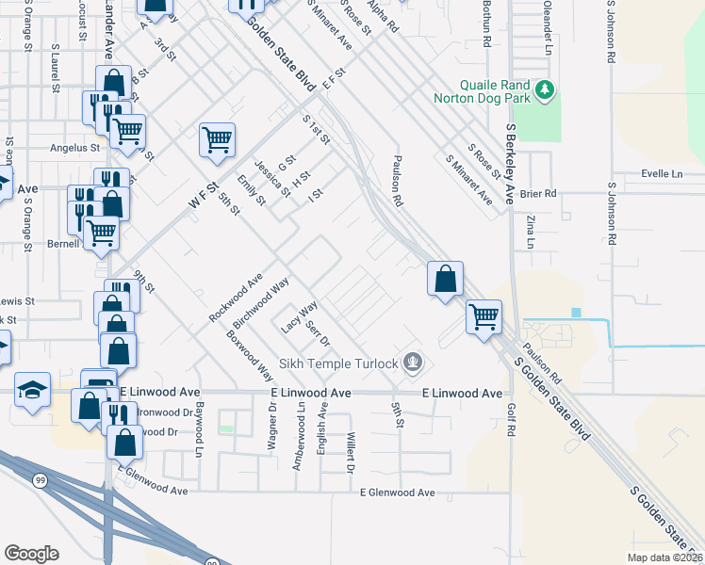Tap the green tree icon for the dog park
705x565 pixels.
click(x=544, y=89)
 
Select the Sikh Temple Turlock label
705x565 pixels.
click(x=340, y=363)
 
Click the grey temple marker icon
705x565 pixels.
click(x=412, y=361)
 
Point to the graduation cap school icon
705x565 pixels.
click(x=32, y=391)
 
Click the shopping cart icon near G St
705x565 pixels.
click(x=217, y=139)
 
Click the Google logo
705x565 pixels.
click(x=31, y=554)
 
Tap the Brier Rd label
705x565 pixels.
click(x=544, y=193)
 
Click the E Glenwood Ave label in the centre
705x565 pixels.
click(x=399, y=492)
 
